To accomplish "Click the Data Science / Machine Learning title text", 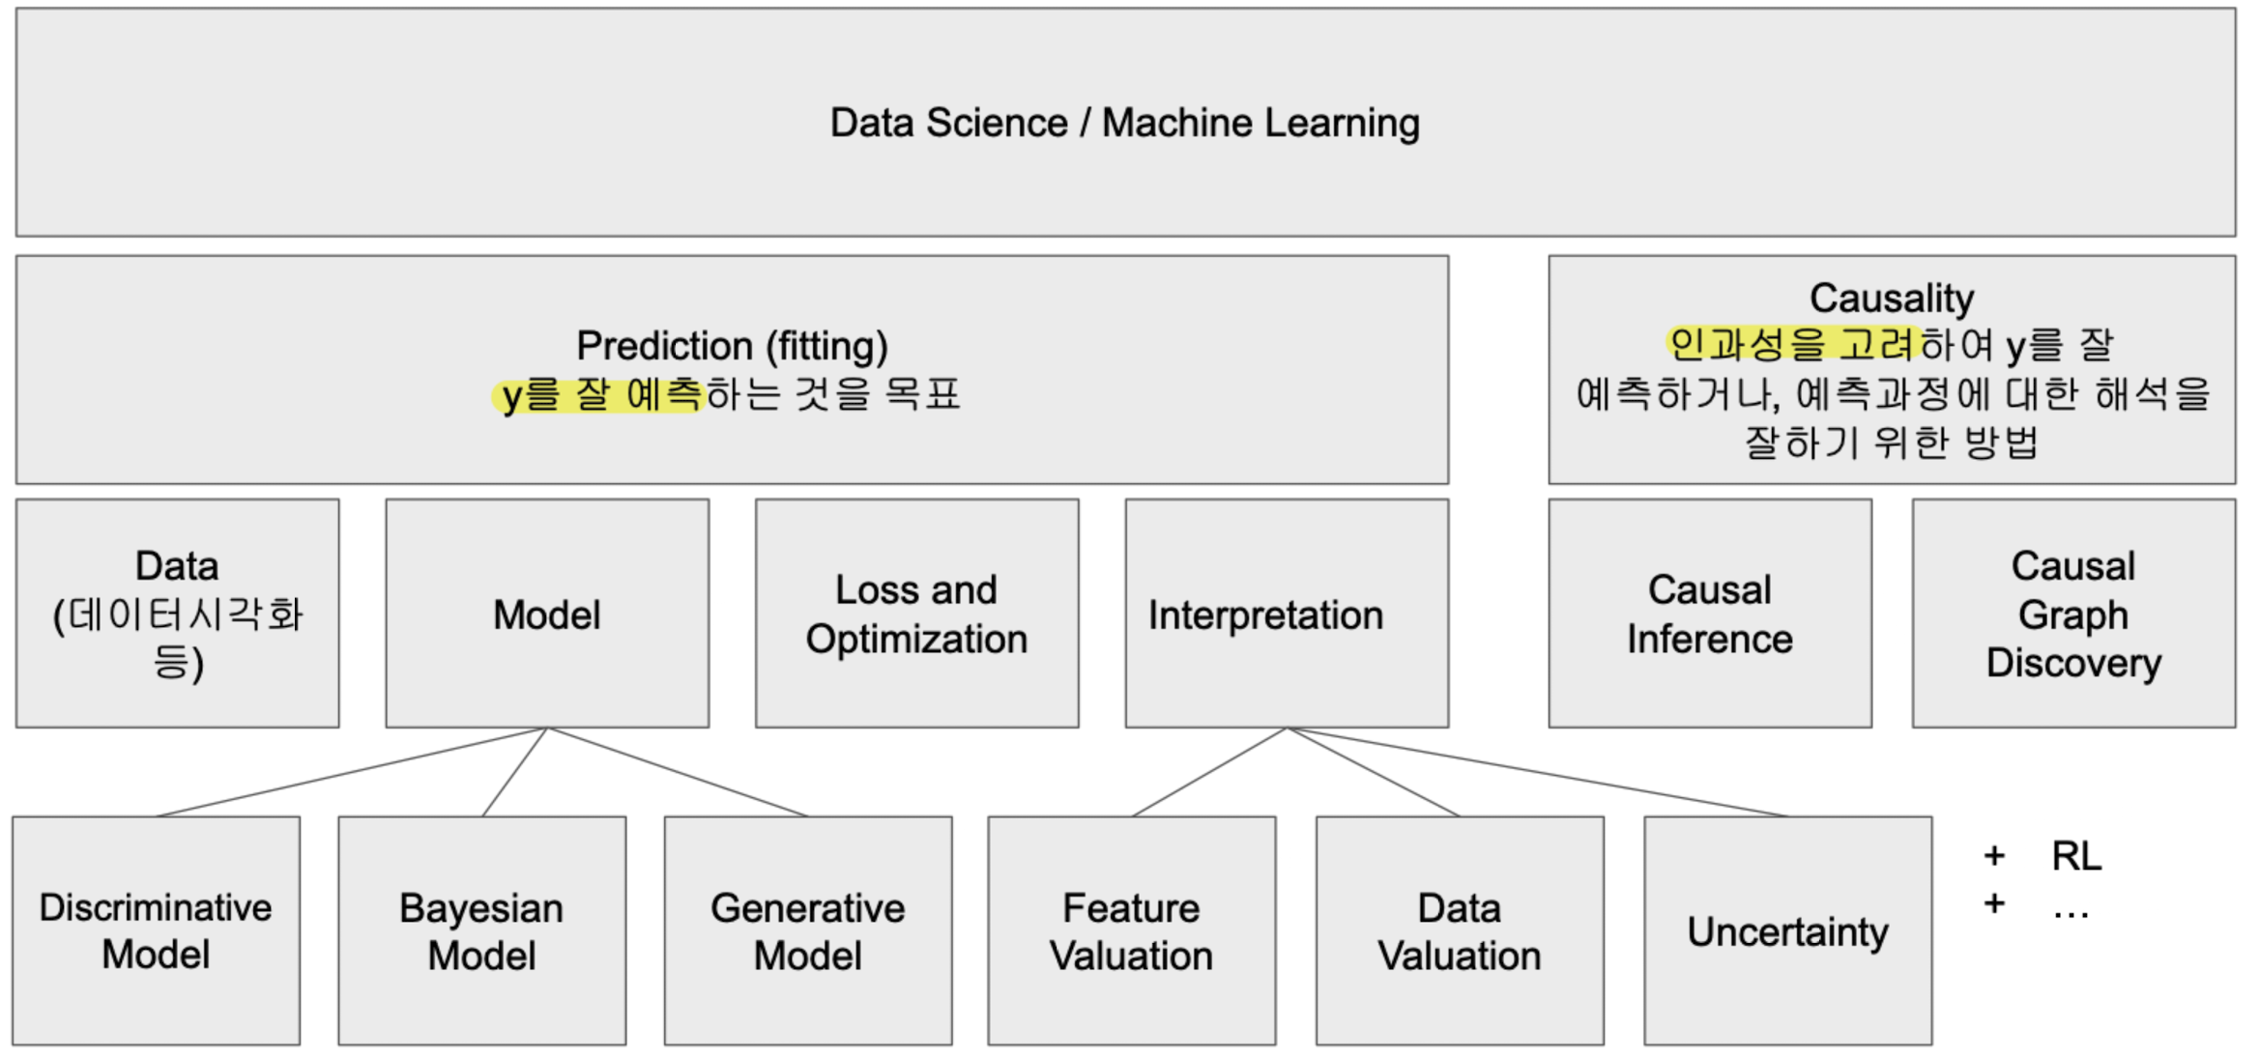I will (1124, 123).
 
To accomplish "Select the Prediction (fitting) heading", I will (732, 345).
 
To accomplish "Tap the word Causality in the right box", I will (1891, 298).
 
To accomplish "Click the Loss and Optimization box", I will (916, 614).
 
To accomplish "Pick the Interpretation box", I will (1286, 614).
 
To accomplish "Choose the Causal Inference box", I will (1709, 614).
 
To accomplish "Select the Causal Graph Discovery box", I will (2072, 614).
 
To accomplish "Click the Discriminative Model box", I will (156, 930).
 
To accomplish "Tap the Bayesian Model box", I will (481, 930).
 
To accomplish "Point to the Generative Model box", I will (807, 930).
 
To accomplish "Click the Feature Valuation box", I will (1131, 930).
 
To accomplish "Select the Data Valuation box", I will (1459, 930).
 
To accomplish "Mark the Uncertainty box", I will (1787, 930).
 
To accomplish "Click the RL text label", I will (2075, 856).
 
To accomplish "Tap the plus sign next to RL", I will (1993, 856).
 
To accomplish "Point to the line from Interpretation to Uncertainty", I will (1537, 772).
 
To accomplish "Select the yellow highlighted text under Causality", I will (1790, 344).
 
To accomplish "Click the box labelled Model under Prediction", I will (546, 614).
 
